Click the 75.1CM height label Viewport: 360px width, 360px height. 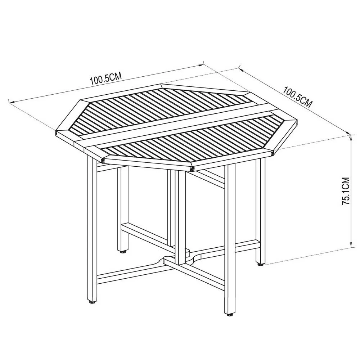click(345, 191)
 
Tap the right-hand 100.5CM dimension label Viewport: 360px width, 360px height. click(298, 97)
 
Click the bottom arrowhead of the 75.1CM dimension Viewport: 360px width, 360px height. click(351, 245)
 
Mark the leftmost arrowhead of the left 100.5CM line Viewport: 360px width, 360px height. click(11, 102)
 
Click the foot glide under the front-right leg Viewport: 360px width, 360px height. click(230, 315)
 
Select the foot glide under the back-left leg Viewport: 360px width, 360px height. click(123, 252)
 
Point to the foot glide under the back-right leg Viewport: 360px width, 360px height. click(260, 264)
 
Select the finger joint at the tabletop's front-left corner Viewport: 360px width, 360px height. click(103, 160)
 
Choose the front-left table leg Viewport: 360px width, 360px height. click(92, 227)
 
